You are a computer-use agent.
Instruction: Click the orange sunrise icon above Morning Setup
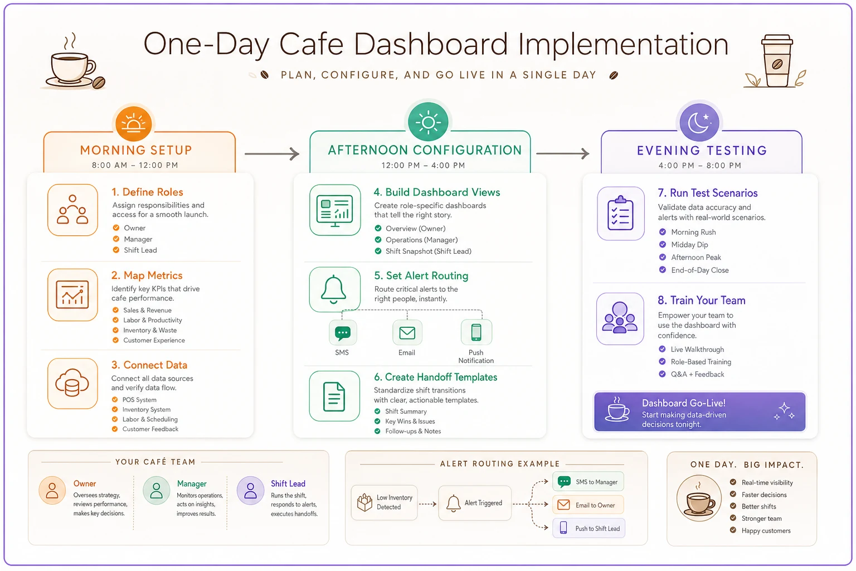click(x=133, y=124)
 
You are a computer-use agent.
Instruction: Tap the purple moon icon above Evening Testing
click(x=699, y=122)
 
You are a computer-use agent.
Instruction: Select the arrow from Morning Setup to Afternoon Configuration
click(x=272, y=154)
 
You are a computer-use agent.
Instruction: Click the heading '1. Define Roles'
click(x=147, y=192)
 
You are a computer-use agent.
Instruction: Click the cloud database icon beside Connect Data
click(x=72, y=383)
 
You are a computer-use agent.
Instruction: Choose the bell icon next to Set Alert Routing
click(x=334, y=289)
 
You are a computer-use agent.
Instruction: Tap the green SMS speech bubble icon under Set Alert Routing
click(x=342, y=332)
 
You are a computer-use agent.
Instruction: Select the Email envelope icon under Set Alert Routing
click(x=407, y=332)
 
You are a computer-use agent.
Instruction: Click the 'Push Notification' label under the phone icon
click(x=476, y=356)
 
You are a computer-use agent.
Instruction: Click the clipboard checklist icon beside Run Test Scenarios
click(x=620, y=214)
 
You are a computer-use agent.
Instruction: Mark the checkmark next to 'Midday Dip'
click(x=662, y=244)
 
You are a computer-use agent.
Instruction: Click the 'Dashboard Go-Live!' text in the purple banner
click(x=683, y=403)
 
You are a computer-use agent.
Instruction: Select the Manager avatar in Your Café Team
click(x=156, y=490)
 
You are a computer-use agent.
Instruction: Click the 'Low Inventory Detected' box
click(x=384, y=502)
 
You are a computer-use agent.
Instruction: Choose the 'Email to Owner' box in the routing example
click(x=588, y=505)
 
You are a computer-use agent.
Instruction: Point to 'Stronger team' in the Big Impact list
click(x=762, y=519)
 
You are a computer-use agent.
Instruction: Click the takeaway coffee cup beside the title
click(x=776, y=61)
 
